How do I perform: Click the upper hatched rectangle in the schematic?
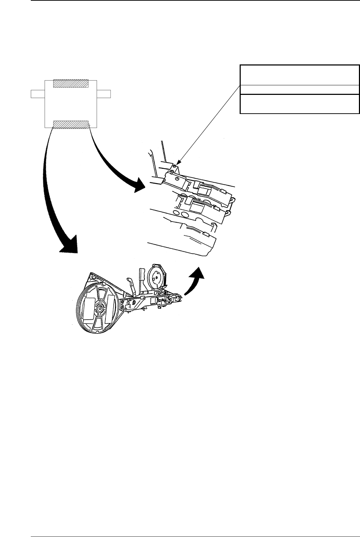[x=70, y=83]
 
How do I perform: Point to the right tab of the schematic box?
[x=104, y=94]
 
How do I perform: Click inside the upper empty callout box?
[x=299, y=75]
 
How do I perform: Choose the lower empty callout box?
[x=299, y=104]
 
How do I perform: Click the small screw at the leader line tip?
[x=175, y=166]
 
